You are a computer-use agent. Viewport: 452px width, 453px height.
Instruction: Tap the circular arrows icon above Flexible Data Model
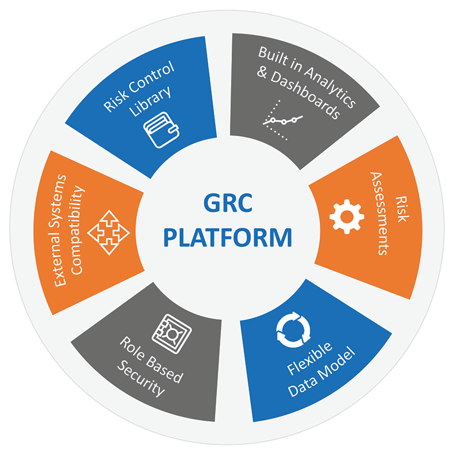pos(292,329)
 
